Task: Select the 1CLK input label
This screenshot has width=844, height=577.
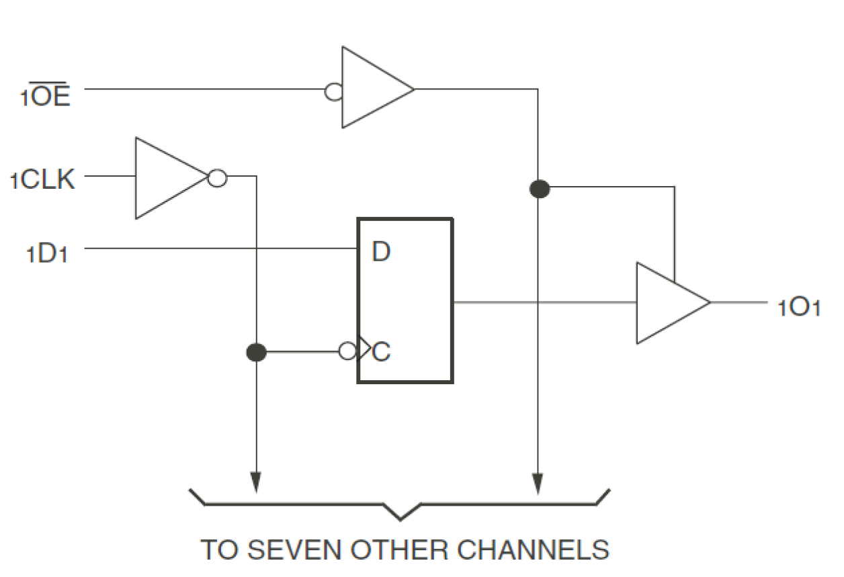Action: tap(42, 180)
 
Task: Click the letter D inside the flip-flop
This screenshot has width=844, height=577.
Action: tap(381, 253)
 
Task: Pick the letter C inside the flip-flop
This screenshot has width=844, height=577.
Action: tap(381, 352)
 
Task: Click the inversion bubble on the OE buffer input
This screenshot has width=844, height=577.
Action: tap(333, 91)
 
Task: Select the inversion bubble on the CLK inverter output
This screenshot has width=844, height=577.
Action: tap(217, 179)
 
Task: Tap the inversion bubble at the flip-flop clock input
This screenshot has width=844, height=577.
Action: tap(347, 351)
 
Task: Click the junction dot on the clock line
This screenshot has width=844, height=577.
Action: tap(257, 352)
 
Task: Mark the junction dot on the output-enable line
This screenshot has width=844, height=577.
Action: tap(539, 189)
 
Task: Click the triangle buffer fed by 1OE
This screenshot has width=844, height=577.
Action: tap(372, 88)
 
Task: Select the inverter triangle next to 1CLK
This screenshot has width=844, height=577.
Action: tap(168, 179)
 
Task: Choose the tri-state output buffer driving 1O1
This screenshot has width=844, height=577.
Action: tap(668, 303)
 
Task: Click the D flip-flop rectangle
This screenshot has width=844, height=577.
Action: tap(405, 301)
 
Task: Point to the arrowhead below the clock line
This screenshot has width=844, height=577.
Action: tap(256, 483)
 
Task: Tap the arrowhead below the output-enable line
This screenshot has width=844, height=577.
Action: tap(538, 483)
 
